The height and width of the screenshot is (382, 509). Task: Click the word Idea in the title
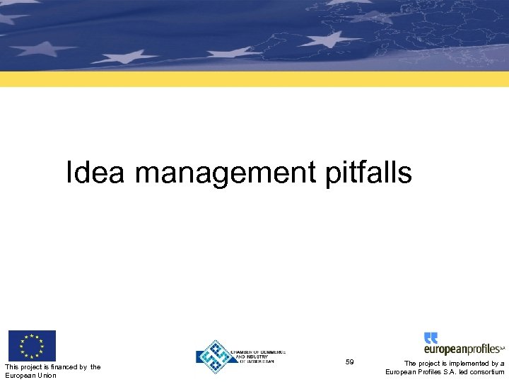(x=95, y=173)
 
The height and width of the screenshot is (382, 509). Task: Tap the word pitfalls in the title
(x=369, y=173)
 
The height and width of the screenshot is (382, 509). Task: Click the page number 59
(x=350, y=362)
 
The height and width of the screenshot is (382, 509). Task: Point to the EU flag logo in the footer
(x=32, y=346)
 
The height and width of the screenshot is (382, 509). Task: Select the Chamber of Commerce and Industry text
(x=252, y=356)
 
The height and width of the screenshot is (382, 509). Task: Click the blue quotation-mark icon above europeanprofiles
(x=431, y=338)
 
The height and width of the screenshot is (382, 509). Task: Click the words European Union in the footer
(x=30, y=376)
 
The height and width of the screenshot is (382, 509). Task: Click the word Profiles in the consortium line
(x=431, y=372)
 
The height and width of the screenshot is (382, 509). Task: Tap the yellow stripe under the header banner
(x=255, y=79)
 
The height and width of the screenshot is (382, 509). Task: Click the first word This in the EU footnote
(x=12, y=366)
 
